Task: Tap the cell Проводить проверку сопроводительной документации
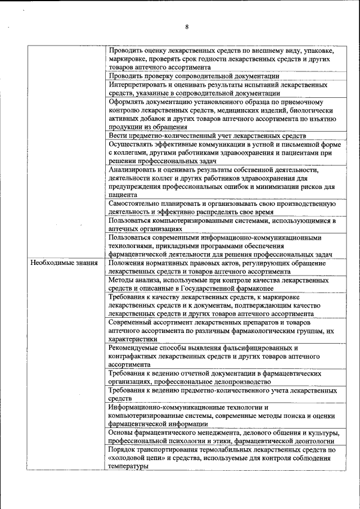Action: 194,75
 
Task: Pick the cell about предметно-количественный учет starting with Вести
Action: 208,136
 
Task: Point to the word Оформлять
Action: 127,102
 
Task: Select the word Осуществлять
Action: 133,144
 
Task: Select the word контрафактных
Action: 135,356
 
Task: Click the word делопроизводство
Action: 242,381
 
